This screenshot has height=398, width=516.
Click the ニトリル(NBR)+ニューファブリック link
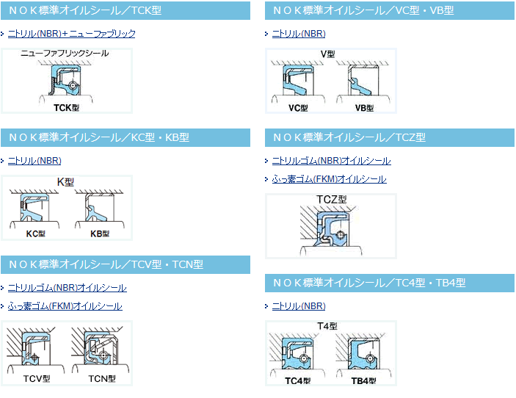tap(71, 34)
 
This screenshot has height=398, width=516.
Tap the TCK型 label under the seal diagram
tap(66, 108)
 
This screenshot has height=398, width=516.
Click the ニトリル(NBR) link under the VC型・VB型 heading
tap(299, 34)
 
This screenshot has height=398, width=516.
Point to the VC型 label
tap(298, 108)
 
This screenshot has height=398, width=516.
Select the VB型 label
tap(364, 108)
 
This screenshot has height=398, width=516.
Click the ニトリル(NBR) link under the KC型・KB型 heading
tap(34, 161)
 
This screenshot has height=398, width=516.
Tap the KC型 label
tap(35, 234)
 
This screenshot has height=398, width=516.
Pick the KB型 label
tap(100, 234)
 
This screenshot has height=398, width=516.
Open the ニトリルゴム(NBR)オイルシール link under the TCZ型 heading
tap(331, 161)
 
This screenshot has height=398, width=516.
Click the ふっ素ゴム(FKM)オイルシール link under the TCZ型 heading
tap(329, 179)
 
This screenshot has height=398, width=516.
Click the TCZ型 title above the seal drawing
tap(331, 200)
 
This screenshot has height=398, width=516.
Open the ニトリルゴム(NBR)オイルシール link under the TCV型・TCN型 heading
tap(67, 288)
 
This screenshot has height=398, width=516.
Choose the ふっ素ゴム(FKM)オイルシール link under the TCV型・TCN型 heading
tap(65, 306)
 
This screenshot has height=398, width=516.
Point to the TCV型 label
tap(37, 379)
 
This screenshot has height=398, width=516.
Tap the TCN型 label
tap(102, 379)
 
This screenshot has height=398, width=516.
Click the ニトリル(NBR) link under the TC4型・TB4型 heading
tap(299, 306)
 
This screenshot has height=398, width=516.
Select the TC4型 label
tap(297, 381)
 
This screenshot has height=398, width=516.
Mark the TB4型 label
tap(363, 381)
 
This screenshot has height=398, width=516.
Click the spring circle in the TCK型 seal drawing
tap(73, 85)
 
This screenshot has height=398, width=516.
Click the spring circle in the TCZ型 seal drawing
tap(341, 236)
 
